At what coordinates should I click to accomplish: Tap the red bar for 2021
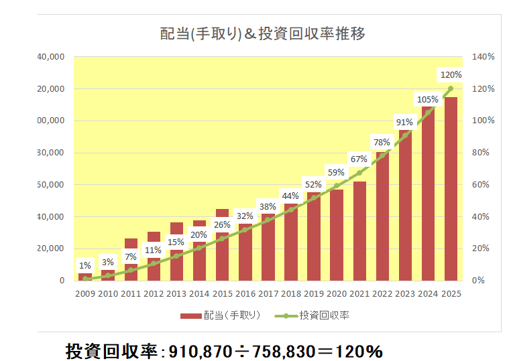(x=359, y=231)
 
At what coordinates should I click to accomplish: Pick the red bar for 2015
(x=222, y=244)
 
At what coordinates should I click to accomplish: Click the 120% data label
(x=450, y=74)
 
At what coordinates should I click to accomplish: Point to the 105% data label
(x=427, y=100)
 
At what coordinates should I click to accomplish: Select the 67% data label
(x=359, y=159)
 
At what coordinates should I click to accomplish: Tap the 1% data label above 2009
(x=85, y=266)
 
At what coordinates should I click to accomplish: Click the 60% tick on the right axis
(x=483, y=185)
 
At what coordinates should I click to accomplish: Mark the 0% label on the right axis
(x=480, y=281)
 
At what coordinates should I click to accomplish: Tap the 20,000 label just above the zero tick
(x=51, y=248)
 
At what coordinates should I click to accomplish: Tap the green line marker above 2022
(x=382, y=155)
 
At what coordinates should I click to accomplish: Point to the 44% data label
(x=290, y=196)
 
